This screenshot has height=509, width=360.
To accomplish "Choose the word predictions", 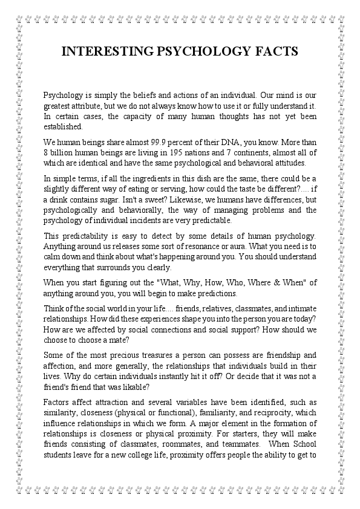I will tap(219, 293).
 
